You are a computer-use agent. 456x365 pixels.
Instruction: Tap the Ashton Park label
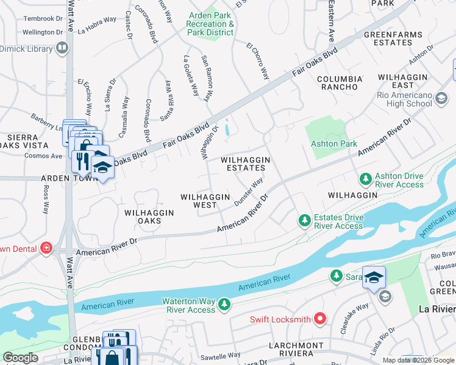point(333,144)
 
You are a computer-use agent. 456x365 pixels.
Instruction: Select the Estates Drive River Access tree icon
point(304,221)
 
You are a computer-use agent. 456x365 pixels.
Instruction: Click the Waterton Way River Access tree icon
point(225,305)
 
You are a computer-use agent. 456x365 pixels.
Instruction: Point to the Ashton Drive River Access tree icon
point(365,179)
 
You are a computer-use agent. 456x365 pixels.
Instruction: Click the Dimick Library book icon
point(61,47)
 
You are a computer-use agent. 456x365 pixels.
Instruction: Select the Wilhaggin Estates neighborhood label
point(245,164)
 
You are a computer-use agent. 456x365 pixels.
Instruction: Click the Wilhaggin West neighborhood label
point(205,201)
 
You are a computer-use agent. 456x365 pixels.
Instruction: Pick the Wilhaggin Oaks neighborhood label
point(149,217)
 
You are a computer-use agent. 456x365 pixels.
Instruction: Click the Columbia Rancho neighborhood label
point(340,83)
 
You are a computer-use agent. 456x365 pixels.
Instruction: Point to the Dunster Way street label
point(249,192)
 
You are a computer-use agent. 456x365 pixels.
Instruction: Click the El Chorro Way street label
point(258,61)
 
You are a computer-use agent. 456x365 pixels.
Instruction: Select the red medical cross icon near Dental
point(46,248)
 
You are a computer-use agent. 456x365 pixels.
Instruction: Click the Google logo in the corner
point(21,358)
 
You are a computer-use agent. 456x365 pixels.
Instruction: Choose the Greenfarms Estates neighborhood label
point(388,39)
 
